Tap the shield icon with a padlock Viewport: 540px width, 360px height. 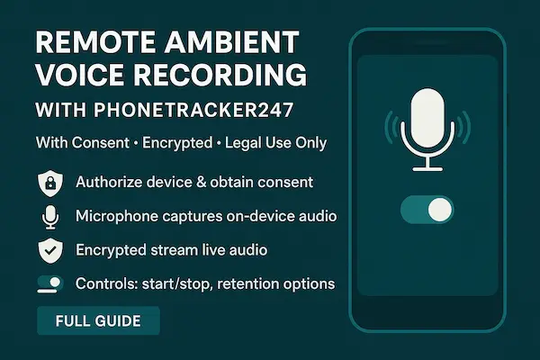(x=49, y=183)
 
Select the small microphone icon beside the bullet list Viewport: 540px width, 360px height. (x=49, y=217)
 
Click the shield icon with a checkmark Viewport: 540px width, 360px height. (x=49, y=250)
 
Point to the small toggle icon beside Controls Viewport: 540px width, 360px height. (x=49, y=284)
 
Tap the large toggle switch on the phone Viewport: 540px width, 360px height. (x=427, y=211)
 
